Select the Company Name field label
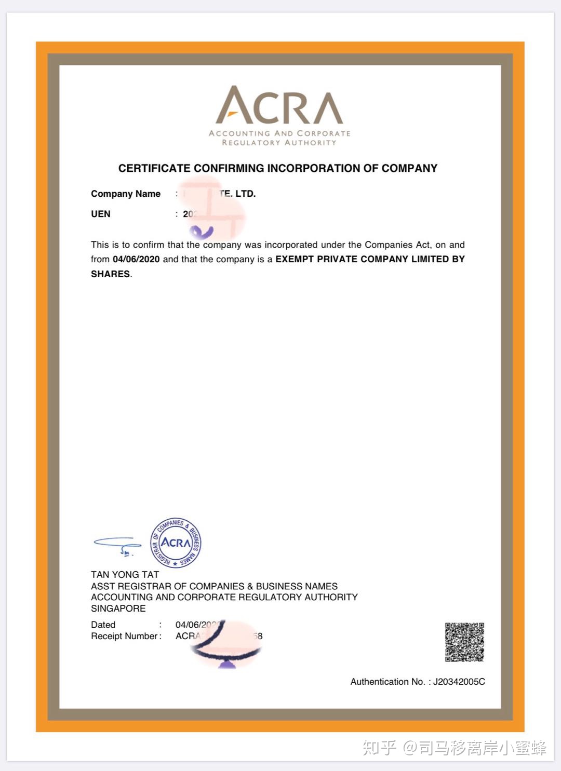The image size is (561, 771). (126, 194)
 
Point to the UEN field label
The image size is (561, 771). (101, 214)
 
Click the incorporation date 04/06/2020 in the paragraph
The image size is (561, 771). (136, 259)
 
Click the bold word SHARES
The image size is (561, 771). (110, 274)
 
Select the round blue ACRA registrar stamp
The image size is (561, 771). (176, 543)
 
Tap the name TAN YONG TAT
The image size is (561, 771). (125, 575)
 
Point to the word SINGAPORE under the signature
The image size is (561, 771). (118, 608)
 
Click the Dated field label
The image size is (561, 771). (103, 625)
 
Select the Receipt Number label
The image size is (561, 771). (124, 636)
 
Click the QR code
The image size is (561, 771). (464, 642)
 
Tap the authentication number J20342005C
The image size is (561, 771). (459, 682)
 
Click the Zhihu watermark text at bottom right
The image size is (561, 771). (454, 748)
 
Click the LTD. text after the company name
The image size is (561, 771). (246, 194)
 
